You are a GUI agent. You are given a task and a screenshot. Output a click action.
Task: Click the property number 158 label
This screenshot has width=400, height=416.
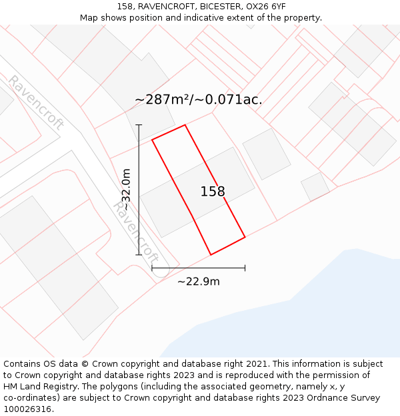click(x=213, y=192)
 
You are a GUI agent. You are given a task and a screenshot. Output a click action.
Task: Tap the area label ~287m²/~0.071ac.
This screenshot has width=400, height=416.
click(x=198, y=100)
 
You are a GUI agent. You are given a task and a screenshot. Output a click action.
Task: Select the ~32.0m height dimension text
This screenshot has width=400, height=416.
click(x=126, y=190)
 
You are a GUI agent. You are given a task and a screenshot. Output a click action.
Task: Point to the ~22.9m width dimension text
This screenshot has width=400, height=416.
click(x=199, y=282)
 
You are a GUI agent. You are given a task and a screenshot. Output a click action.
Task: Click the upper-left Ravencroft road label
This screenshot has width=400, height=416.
click(x=35, y=102)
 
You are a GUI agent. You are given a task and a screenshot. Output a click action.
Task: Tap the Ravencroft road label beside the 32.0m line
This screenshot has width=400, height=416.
click(x=137, y=232)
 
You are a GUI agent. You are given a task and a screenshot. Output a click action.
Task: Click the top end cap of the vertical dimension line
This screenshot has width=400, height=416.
click(x=139, y=124)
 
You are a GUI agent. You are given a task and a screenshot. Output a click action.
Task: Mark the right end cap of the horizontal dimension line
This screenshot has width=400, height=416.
click(x=245, y=268)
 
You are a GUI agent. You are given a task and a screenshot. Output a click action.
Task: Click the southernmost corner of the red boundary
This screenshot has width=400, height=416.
click(x=211, y=254)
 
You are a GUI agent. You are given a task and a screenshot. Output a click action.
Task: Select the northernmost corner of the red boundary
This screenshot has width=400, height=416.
click(x=185, y=124)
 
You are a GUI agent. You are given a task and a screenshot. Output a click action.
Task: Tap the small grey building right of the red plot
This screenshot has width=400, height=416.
click(x=267, y=154)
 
